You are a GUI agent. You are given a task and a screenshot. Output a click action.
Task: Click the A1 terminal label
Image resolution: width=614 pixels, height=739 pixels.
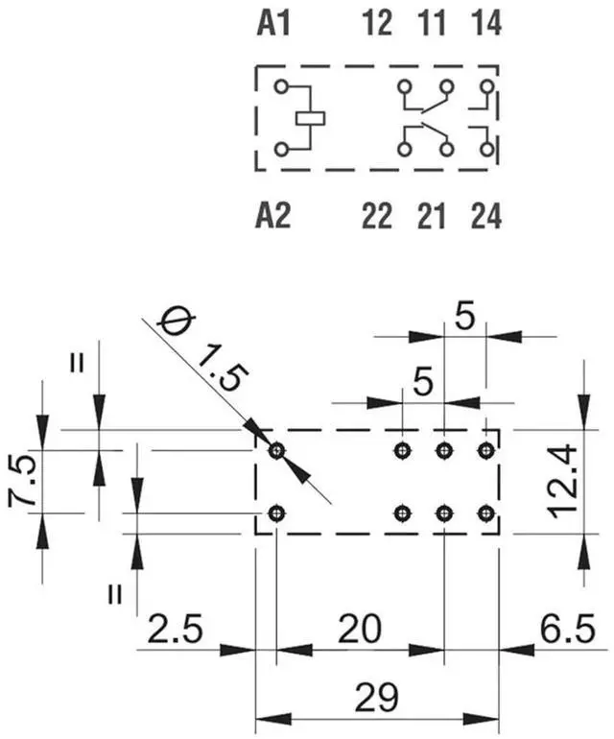coord(273,23)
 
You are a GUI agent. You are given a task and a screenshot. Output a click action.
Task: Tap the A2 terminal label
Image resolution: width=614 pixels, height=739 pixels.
coord(273,217)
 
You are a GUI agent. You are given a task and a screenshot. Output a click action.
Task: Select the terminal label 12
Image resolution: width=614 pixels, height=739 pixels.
coord(378,23)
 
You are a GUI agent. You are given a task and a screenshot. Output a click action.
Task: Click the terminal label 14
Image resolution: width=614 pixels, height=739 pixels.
coord(485,23)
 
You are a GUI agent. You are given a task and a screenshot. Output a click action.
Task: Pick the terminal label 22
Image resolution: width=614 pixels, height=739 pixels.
coord(378,217)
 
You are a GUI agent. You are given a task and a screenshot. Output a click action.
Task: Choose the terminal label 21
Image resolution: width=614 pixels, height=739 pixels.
coord(432,217)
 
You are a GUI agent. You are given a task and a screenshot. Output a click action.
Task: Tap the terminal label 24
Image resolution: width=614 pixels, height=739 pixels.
coord(485,217)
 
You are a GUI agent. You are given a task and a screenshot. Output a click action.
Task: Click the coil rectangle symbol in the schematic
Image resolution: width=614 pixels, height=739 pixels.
coord(312,118)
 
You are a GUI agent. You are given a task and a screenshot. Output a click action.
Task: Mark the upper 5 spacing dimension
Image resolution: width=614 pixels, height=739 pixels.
coord(464,319)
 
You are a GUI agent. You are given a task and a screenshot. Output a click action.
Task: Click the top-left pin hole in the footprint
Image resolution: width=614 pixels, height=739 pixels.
coord(277,449)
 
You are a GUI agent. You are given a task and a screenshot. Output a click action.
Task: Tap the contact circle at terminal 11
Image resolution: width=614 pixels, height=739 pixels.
coord(445,86)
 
